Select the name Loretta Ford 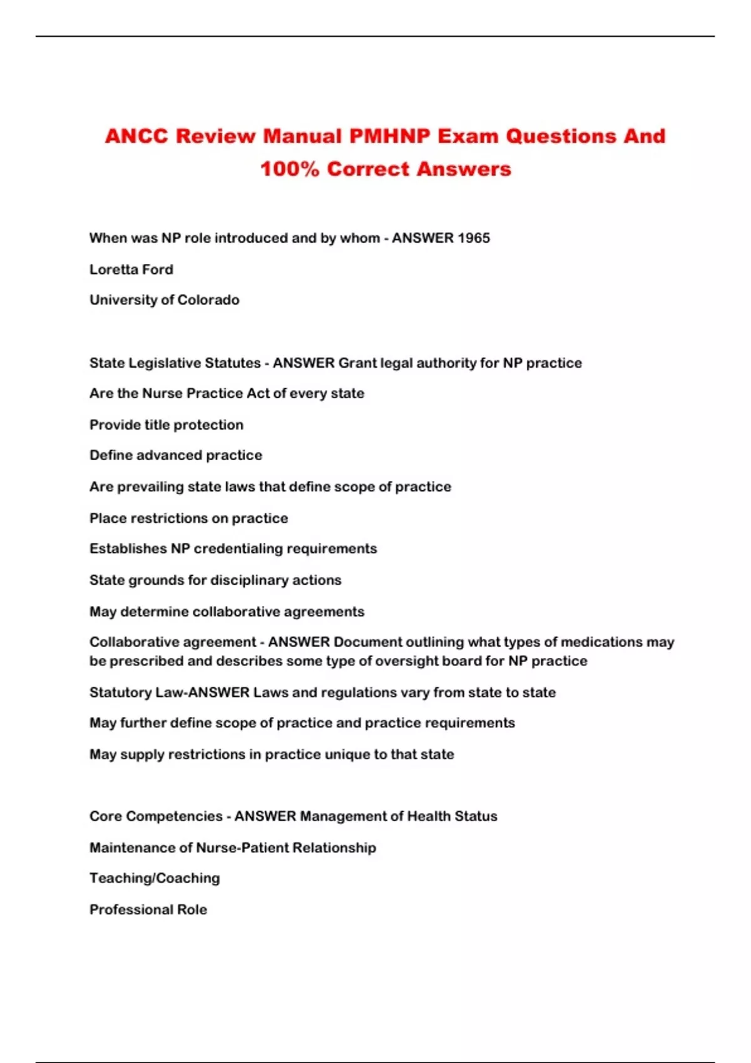point(131,270)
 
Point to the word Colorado point(208,300)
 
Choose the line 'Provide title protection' point(166,425)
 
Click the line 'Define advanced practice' point(176,455)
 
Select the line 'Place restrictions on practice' point(189,518)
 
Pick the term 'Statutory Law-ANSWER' point(170,693)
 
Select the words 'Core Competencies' point(156,817)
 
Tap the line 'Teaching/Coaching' point(155,879)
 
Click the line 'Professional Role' point(148,910)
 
